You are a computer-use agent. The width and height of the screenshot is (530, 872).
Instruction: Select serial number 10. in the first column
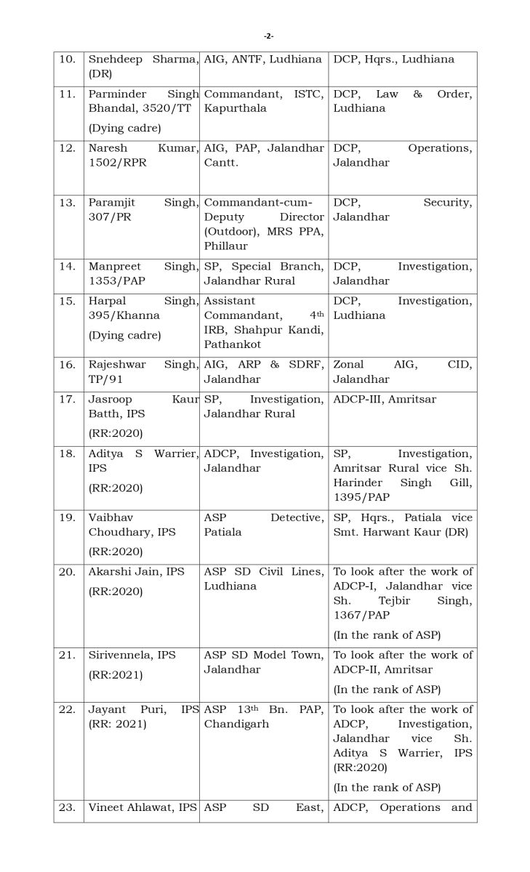67,60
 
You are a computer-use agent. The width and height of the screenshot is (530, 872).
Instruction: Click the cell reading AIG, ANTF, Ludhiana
262,60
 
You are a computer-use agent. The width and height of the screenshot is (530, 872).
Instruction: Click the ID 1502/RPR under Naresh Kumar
117,163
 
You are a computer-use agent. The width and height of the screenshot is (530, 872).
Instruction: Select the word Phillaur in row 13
226,246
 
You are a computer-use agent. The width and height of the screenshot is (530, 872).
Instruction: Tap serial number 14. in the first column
67,267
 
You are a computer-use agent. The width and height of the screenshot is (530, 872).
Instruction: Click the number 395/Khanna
124,315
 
